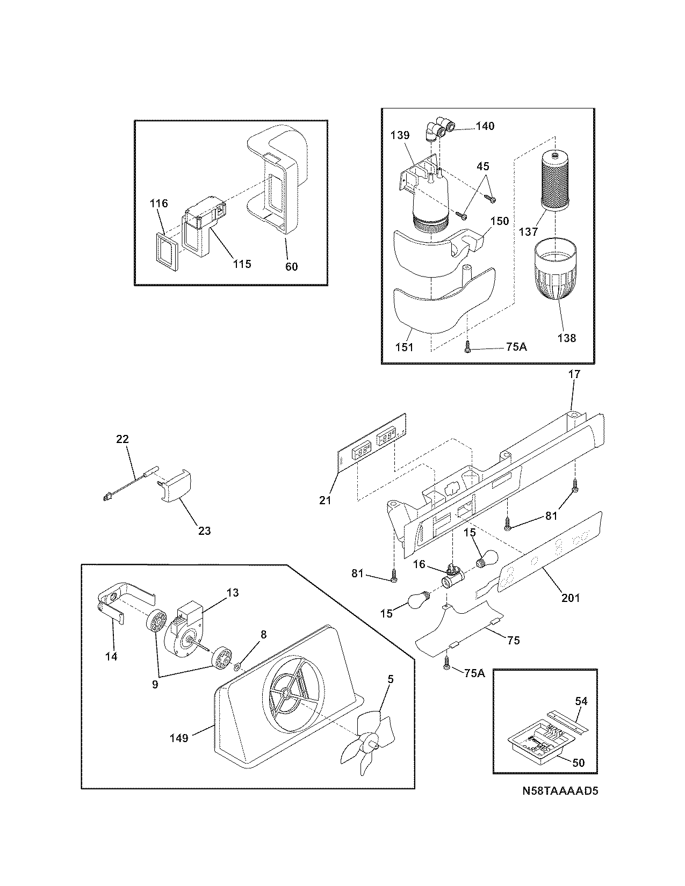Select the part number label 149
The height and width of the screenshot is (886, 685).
click(178, 738)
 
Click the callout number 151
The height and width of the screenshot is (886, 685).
click(404, 347)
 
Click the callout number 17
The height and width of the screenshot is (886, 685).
click(574, 374)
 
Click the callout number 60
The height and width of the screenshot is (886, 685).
click(291, 266)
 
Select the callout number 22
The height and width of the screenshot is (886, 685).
click(122, 439)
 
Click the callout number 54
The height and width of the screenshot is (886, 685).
click(581, 701)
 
